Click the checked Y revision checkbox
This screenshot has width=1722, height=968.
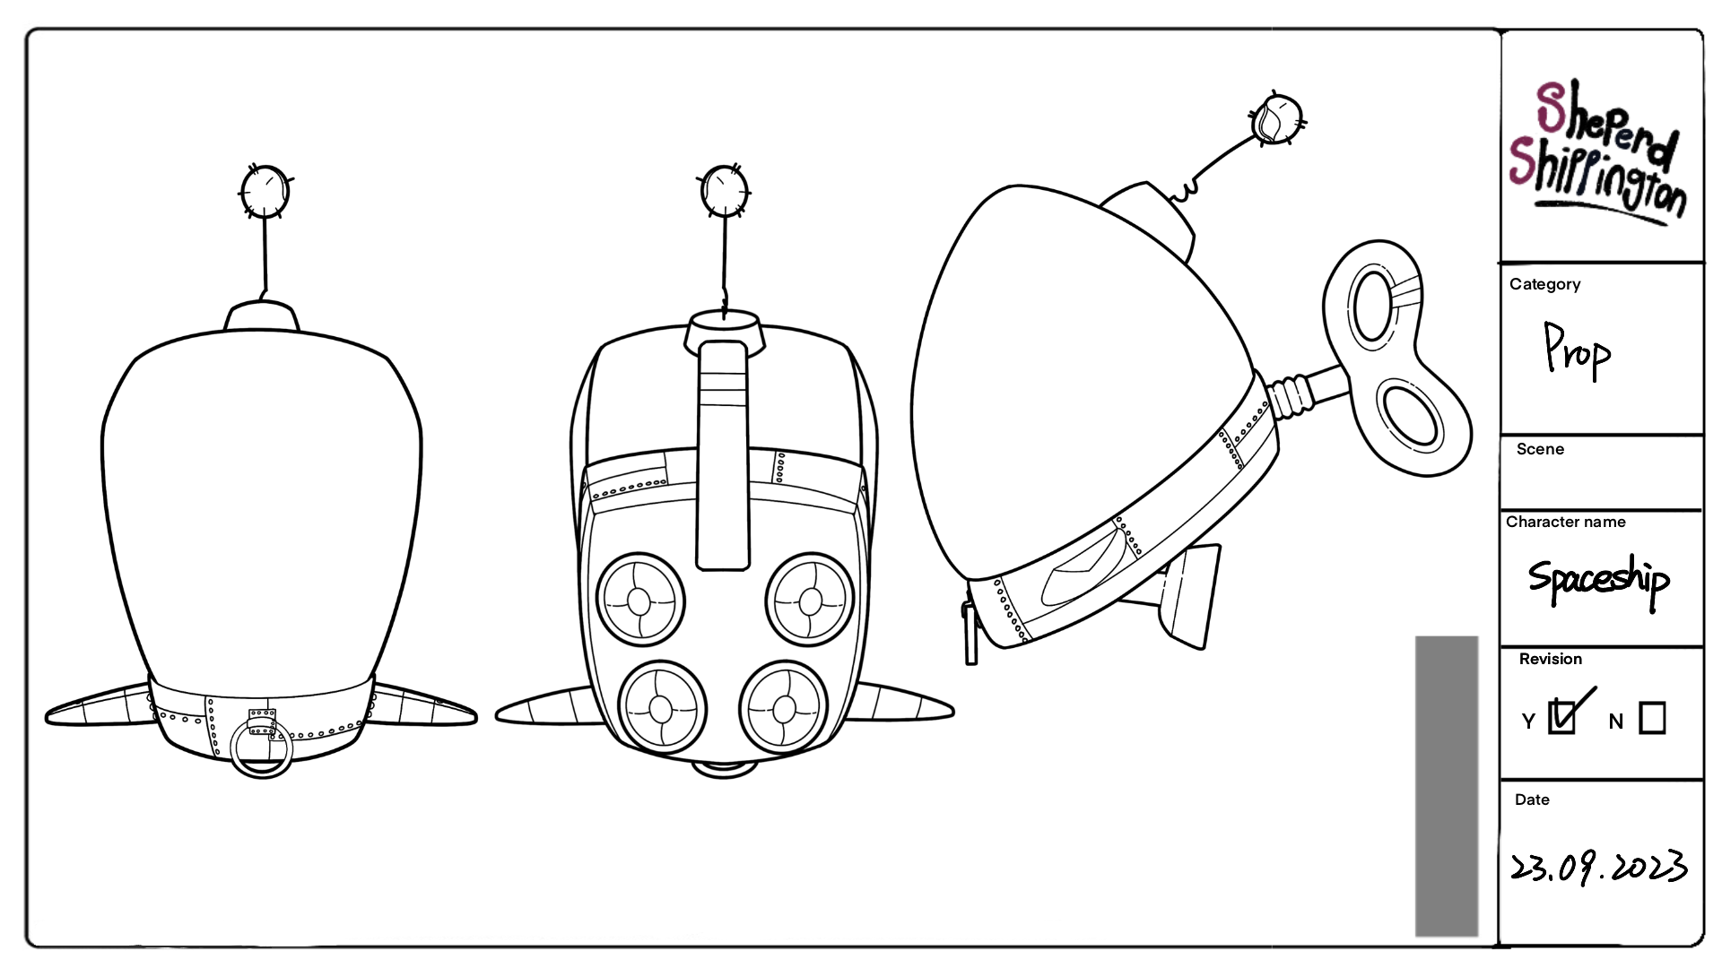point(1561,717)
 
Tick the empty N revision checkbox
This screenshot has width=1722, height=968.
point(1652,718)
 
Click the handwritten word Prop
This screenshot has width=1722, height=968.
point(1577,352)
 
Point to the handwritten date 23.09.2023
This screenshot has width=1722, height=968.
point(1598,867)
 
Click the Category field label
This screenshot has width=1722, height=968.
point(1544,284)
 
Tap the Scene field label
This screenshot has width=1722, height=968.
point(1540,449)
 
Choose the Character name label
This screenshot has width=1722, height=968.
point(1565,522)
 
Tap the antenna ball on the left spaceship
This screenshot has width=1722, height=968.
point(265,192)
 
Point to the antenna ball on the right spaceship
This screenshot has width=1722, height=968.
point(1276,119)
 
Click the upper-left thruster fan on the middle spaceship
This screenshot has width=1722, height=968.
point(639,600)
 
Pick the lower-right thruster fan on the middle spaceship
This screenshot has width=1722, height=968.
point(784,709)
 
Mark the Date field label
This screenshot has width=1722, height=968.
point(1532,799)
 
